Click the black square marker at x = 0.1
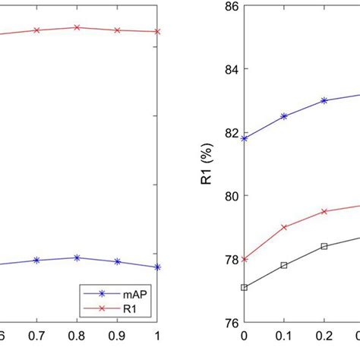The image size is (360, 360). (284, 265)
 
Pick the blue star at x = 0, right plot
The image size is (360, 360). (244, 138)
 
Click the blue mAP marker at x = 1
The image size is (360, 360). (157, 267)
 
